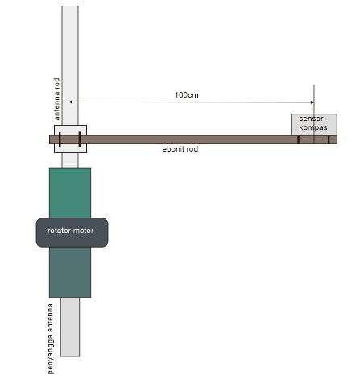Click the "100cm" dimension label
click(187, 95)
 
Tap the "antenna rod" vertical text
click(56, 99)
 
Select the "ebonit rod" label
click(180, 149)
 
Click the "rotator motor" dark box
click(72, 232)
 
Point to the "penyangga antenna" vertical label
click(50, 339)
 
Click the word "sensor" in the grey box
click(312, 119)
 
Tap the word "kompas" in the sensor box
click(313, 127)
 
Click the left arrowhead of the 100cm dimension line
click(70, 102)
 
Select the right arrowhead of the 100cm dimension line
click(312, 102)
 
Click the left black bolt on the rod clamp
click(60, 139)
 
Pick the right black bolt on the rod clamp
click(80, 139)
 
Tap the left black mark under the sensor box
click(298, 139)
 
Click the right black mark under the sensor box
click(329, 139)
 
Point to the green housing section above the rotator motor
click(70, 193)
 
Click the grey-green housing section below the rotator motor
click(70, 272)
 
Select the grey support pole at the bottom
click(70, 327)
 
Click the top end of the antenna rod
click(70, 6)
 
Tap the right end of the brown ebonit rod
click(337, 139)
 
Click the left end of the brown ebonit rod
click(50, 139)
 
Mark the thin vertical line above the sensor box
click(314, 99)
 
